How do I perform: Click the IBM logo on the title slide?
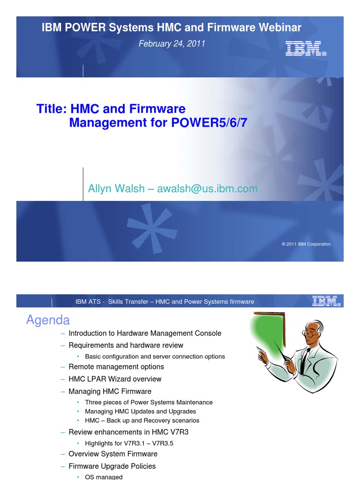pyautogui.click(x=306, y=49)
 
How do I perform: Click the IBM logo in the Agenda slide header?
pyautogui.click(x=326, y=301)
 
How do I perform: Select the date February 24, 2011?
pyautogui.click(x=172, y=44)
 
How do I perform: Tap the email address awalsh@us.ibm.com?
pyautogui.click(x=207, y=188)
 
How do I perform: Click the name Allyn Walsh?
pyautogui.click(x=116, y=188)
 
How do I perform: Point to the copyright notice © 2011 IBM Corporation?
pyautogui.click(x=306, y=244)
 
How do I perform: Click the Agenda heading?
pyautogui.click(x=48, y=320)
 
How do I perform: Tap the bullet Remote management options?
pyautogui.click(x=116, y=367)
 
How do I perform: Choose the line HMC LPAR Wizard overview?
pyautogui.click(x=115, y=379)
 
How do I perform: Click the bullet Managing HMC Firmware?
pyautogui.click(x=110, y=391)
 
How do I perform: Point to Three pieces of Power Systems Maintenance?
pyautogui.click(x=149, y=402)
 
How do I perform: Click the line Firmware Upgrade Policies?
pyautogui.click(x=112, y=466)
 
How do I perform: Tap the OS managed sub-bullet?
pyautogui.click(x=104, y=477)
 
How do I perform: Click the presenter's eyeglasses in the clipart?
pyautogui.click(x=310, y=334)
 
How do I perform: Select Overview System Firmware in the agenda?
pyautogui.click(x=113, y=454)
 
